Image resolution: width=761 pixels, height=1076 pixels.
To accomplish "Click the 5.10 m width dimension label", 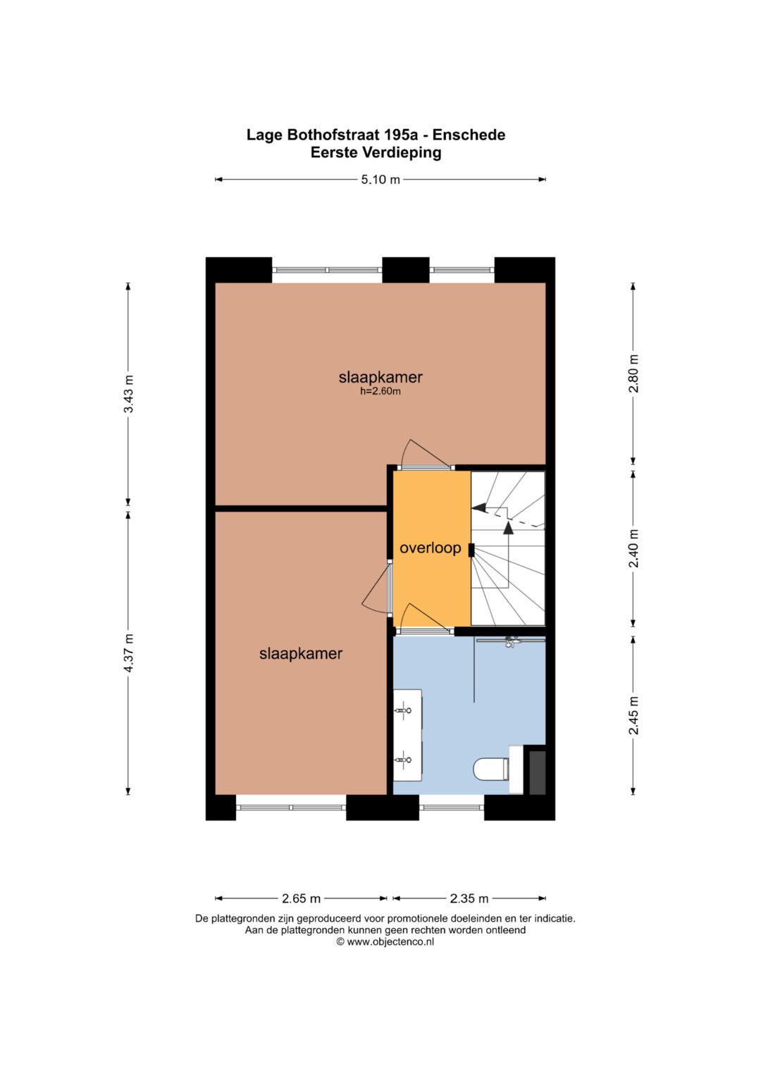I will coord(380,180).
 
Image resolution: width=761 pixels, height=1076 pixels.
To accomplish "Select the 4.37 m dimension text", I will coord(128,653).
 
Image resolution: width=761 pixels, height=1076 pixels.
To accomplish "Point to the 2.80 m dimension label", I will coord(633,374).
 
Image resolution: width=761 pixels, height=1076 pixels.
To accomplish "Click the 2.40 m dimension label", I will coord(633,548).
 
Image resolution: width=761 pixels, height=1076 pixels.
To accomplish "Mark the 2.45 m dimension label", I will coord(633,715).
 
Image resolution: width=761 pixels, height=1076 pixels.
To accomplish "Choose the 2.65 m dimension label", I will coord(301,898).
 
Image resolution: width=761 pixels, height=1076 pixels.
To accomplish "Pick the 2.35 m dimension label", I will coord(469,898).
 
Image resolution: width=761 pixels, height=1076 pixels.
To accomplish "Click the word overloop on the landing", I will coord(430,548).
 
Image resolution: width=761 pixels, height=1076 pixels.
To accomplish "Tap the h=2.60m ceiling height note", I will coord(380,392).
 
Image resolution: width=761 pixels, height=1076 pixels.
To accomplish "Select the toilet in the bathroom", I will coord(490,769).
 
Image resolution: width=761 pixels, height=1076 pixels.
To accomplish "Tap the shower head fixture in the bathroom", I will coord(510,641).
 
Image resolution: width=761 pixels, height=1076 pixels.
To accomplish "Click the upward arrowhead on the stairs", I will coord(508,526).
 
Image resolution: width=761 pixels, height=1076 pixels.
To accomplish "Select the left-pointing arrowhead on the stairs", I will coord(478,507).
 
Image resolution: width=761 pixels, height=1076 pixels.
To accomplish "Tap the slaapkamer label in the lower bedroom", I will coord(301,654).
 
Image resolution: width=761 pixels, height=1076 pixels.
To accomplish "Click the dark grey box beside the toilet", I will coord(537,772).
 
